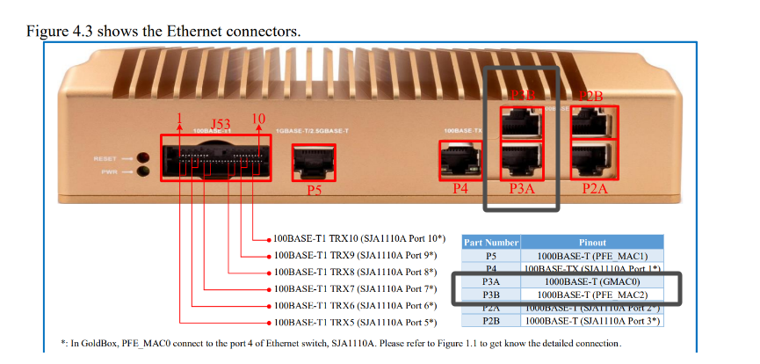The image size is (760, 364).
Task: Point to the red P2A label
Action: click(595, 187)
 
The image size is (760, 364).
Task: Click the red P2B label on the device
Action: click(590, 96)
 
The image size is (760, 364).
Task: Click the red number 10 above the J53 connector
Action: click(258, 119)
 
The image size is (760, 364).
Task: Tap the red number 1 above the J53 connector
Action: click(179, 119)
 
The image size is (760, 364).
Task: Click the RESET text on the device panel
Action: click(105, 158)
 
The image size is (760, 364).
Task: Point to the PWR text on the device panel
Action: click(108, 171)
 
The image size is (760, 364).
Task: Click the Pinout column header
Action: click(592, 242)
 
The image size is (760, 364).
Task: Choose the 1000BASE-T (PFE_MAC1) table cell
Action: click(592, 255)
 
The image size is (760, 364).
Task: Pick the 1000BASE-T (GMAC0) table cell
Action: click(592, 280)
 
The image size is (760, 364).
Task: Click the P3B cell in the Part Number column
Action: click(490, 294)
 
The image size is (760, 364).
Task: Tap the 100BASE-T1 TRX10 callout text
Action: click(359, 238)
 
